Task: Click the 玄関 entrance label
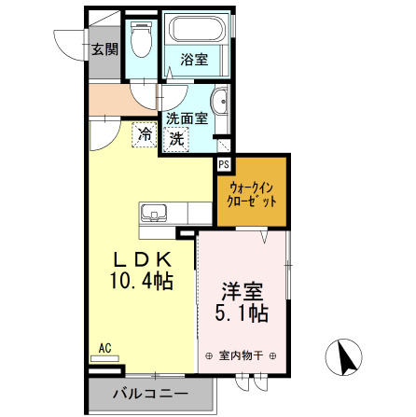pos(103,49)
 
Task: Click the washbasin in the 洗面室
pos(221,103)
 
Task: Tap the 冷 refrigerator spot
pos(145,134)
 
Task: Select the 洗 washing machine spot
pos(176,138)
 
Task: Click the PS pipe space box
pos(224,163)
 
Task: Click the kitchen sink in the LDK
pos(152,212)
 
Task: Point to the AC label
pos(104,348)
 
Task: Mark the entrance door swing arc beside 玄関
pos(67,42)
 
